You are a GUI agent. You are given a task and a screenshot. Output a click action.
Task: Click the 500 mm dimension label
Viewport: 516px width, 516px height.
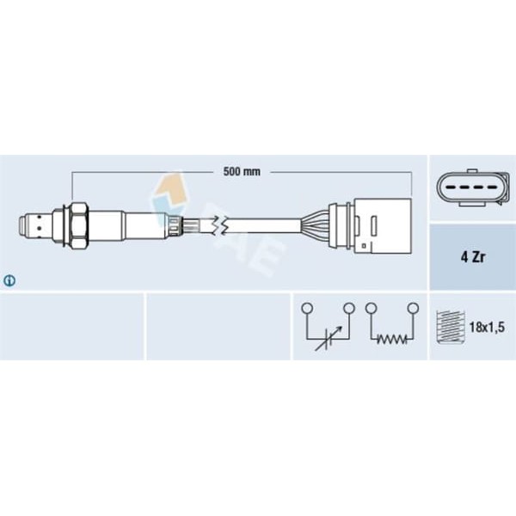pyautogui.click(x=242, y=172)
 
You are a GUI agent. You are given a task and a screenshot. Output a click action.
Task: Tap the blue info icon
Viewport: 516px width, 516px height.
pyautogui.click(x=9, y=280)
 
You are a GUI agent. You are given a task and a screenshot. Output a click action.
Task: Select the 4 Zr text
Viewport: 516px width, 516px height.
pyautogui.click(x=472, y=257)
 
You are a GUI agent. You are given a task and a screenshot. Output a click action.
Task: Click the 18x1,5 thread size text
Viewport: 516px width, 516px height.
pyautogui.click(x=487, y=327)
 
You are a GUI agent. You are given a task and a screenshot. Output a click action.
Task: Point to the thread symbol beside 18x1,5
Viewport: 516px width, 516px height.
pyautogui.click(x=451, y=327)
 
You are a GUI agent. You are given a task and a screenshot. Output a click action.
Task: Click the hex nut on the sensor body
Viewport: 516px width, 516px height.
pyautogui.click(x=79, y=225)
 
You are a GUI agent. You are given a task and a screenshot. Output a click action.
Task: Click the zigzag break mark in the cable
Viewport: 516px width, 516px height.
pyautogui.click(x=218, y=225)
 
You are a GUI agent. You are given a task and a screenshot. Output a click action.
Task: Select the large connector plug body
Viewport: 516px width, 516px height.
pyautogui.click(x=383, y=226)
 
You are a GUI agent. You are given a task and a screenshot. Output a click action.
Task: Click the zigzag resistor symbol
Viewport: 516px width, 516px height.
pyautogui.click(x=391, y=339)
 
